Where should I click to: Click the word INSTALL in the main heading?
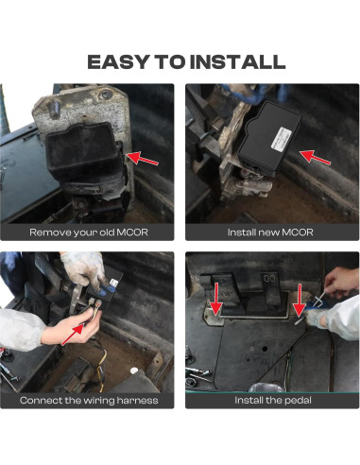click(238, 62)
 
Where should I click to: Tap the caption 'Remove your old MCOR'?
click(89, 232)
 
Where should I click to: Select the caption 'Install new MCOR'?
click(270, 232)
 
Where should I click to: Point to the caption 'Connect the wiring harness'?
click(89, 401)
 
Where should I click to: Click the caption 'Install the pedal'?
click(273, 401)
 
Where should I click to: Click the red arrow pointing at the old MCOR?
click(142, 158)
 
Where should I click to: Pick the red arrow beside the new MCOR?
click(315, 157)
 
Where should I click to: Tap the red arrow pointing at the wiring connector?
click(73, 335)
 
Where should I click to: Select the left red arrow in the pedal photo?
click(216, 299)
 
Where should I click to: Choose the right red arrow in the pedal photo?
click(300, 300)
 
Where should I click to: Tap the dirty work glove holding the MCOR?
click(85, 270)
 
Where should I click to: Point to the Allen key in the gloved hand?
click(317, 300)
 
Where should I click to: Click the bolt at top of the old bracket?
click(54, 108)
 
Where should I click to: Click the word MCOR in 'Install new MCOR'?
click(298, 232)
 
